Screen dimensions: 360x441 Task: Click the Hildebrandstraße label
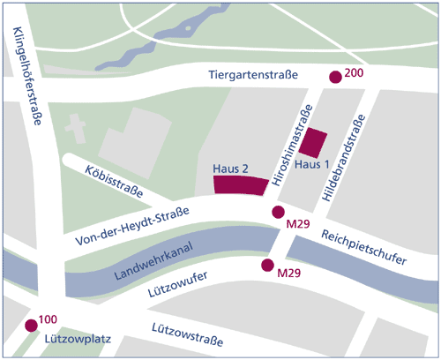tap(345, 164)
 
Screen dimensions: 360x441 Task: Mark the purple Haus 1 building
tap(313, 142)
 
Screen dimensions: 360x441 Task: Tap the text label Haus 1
tap(312, 165)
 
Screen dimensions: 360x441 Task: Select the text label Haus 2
tap(232, 168)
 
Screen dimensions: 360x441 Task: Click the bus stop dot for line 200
tap(334, 78)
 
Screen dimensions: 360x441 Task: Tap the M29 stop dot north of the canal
tap(278, 212)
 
